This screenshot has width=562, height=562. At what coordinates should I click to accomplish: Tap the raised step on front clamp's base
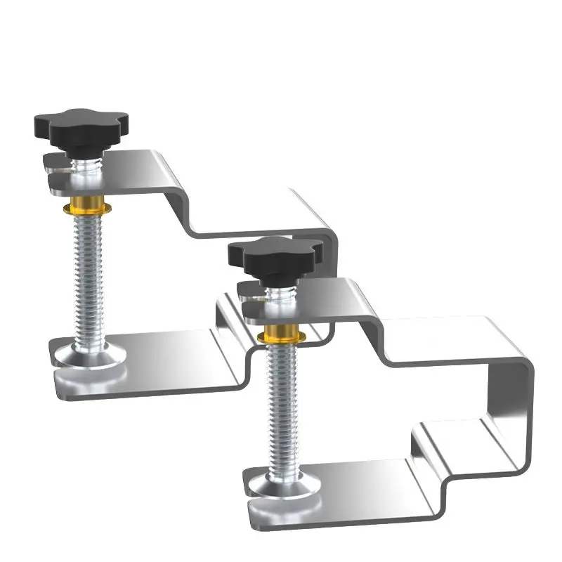[450, 436]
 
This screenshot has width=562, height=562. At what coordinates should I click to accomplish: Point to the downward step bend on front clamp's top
[379, 337]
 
